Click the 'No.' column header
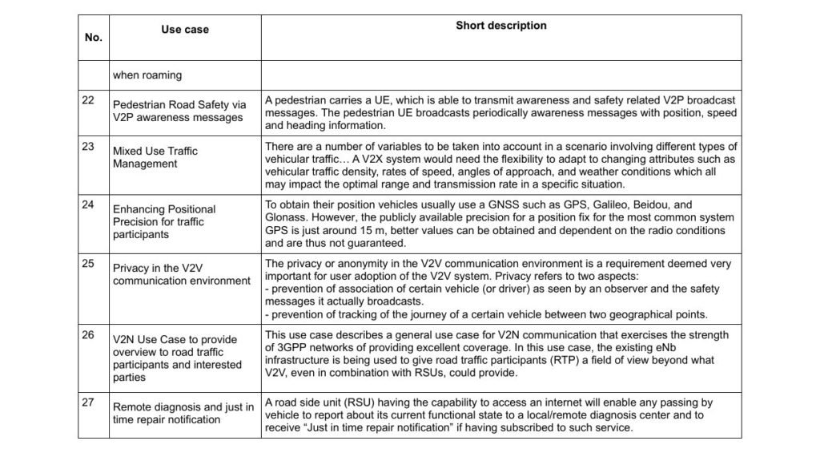[x=93, y=38]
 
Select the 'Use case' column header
[x=184, y=30]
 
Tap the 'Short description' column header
[x=500, y=26]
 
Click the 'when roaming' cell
[x=147, y=75]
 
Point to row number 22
[x=88, y=99]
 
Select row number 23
[x=88, y=146]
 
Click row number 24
[x=88, y=204]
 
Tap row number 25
[x=88, y=264]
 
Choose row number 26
[x=88, y=334]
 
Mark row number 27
[x=88, y=403]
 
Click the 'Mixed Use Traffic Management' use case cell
[x=155, y=157]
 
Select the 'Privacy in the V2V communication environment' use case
[x=181, y=274]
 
